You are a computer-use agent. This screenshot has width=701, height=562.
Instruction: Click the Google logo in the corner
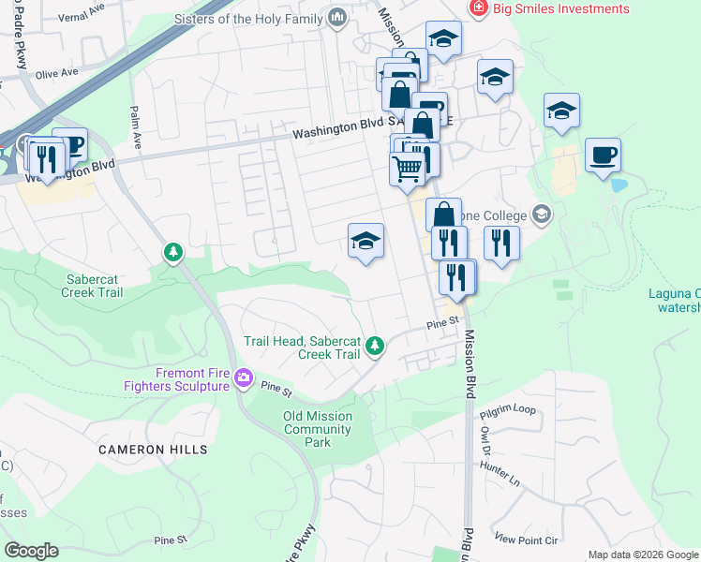pos(31,551)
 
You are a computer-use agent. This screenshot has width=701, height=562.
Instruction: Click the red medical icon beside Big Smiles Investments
pos(478,8)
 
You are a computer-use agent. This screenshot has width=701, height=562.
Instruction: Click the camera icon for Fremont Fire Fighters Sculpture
pos(244,378)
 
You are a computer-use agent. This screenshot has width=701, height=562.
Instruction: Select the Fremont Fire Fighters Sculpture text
pos(178,379)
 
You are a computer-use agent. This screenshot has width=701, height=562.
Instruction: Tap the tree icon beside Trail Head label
pos(375,347)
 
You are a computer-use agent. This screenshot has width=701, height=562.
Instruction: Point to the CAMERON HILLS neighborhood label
pos(154,450)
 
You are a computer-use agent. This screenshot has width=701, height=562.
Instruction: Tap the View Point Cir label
pos(526,540)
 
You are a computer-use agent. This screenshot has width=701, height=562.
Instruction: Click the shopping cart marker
pos(407,169)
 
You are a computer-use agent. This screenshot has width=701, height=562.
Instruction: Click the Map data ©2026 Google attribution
pos(643,555)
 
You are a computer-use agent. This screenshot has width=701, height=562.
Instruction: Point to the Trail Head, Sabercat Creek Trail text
pos(303,348)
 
